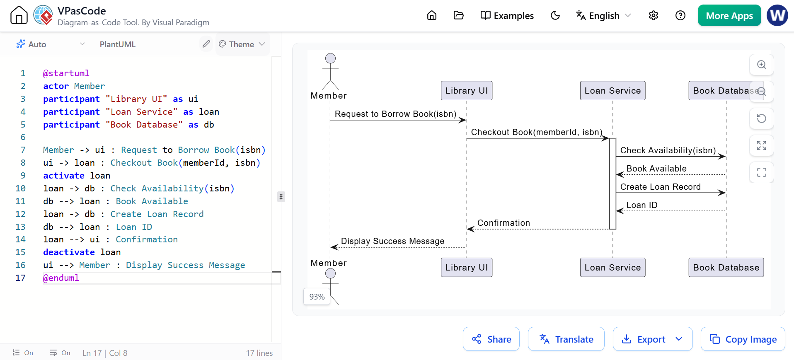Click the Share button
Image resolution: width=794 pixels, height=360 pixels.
pyautogui.click(x=491, y=339)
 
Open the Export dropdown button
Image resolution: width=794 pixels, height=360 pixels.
pyautogui.click(x=652, y=339)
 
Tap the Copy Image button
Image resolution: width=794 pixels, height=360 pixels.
pyautogui.click(x=743, y=339)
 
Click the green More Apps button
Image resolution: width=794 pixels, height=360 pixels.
pyautogui.click(x=729, y=16)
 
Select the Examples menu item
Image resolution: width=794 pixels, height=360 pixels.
pyautogui.click(x=507, y=16)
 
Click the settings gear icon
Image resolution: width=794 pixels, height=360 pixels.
pyautogui.click(x=654, y=16)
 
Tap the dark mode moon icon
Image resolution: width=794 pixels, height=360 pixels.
pyautogui.click(x=555, y=16)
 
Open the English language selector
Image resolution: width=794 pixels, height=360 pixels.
pyautogui.click(x=603, y=16)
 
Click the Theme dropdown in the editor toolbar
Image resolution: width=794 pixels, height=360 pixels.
pyautogui.click(x=242, y=44)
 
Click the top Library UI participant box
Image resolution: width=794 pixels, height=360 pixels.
pyautogui.click(x=467, y=91)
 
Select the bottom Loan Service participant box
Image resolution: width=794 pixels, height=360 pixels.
pyautogui.click(x=612, y=267)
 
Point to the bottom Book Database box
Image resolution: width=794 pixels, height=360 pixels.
pyautogui.click(x=726, y=267)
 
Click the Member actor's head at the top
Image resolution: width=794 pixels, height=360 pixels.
pyautogui.click(x=330, y=58)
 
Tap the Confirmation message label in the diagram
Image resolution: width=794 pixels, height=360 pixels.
pyautogui.click(x=504, y=223)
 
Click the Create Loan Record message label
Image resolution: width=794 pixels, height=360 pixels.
pyautogui.click(x=661, y=187)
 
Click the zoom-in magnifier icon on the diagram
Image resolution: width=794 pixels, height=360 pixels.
pyautogui.click(x=762, y=65)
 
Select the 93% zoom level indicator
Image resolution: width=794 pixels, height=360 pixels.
pyautogui.click(x=317, y=297)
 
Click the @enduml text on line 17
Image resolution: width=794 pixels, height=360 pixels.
pyautogui.click(x=61, y=278)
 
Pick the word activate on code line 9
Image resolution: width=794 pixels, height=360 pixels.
pyautogui.click(x=64, y=176)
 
